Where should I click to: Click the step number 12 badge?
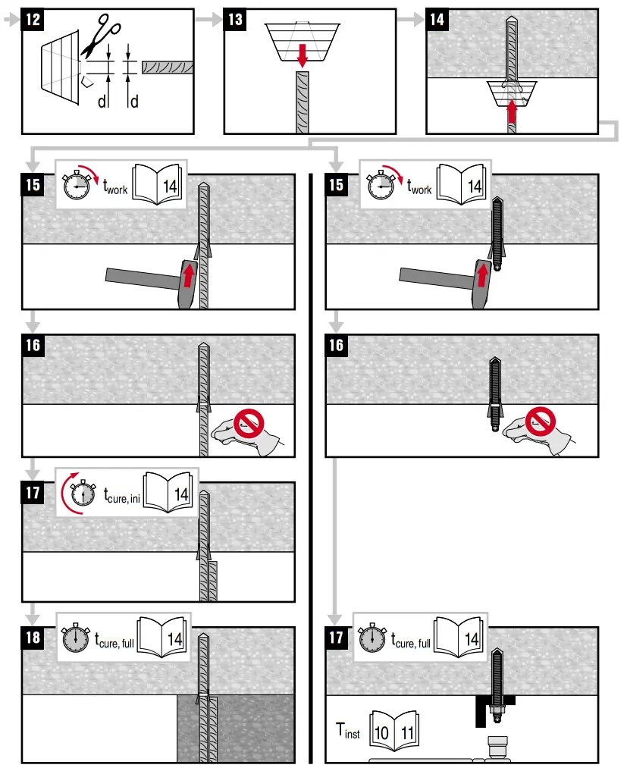tap(33, 20)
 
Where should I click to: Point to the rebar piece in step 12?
tap(167, 67)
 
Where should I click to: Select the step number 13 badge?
tap(236, 20)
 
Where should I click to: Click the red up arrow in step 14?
tap(513, 112)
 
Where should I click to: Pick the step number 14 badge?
tap(437, 20)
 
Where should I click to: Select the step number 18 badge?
tap(33, 638)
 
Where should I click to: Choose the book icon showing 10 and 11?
tap(393, 733)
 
